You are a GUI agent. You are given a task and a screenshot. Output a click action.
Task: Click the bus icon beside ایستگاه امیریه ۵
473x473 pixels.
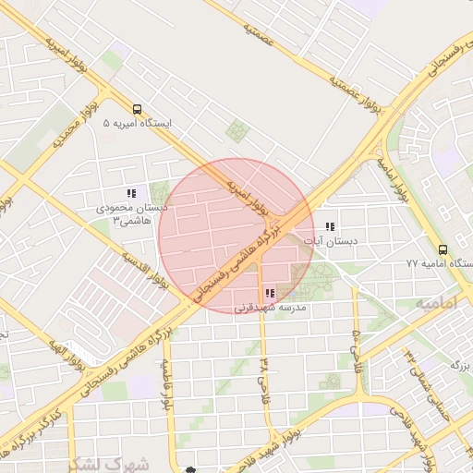[x=137, y=108]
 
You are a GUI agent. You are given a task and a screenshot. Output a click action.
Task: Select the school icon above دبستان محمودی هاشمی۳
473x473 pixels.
[x=131, y=194]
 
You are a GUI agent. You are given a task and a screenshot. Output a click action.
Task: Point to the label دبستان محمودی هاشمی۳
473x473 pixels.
[x=130, y=214]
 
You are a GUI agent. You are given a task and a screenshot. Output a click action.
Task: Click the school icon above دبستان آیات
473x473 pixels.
[x=330, y=226]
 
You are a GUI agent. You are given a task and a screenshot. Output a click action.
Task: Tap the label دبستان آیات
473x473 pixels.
[x=336, y=241]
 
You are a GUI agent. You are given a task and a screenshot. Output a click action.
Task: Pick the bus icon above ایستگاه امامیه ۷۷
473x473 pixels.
[x=443, y=249]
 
